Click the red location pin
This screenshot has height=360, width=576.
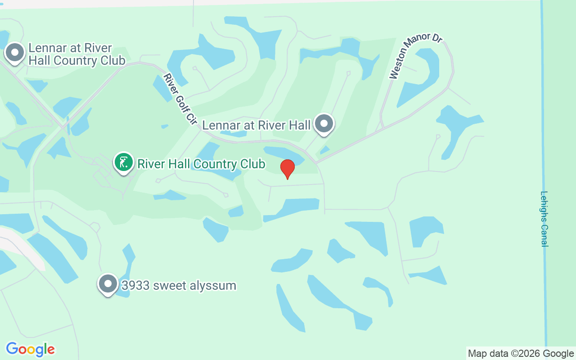(x=287, y=169)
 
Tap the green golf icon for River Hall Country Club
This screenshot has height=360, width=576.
(x=124, y=162)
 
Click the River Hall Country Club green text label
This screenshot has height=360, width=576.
(x=201, y=164)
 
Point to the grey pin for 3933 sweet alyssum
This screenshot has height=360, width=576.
(x=108, y=284)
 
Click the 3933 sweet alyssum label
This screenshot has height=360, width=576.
(x=179, y=285)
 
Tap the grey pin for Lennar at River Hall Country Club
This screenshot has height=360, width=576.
(x=15, y=53)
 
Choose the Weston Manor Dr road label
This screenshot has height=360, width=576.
(x=416, y=55)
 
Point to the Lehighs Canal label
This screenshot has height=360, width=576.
(x=544, y=219)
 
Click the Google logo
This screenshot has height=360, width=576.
(x=30, y=349)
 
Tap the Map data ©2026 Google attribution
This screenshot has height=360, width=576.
(x=521, y=354)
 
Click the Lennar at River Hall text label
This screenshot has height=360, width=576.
(x=256, y=125)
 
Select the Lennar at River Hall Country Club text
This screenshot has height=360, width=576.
(x=76, y=54)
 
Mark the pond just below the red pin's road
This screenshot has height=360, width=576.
(x=292, y=207)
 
